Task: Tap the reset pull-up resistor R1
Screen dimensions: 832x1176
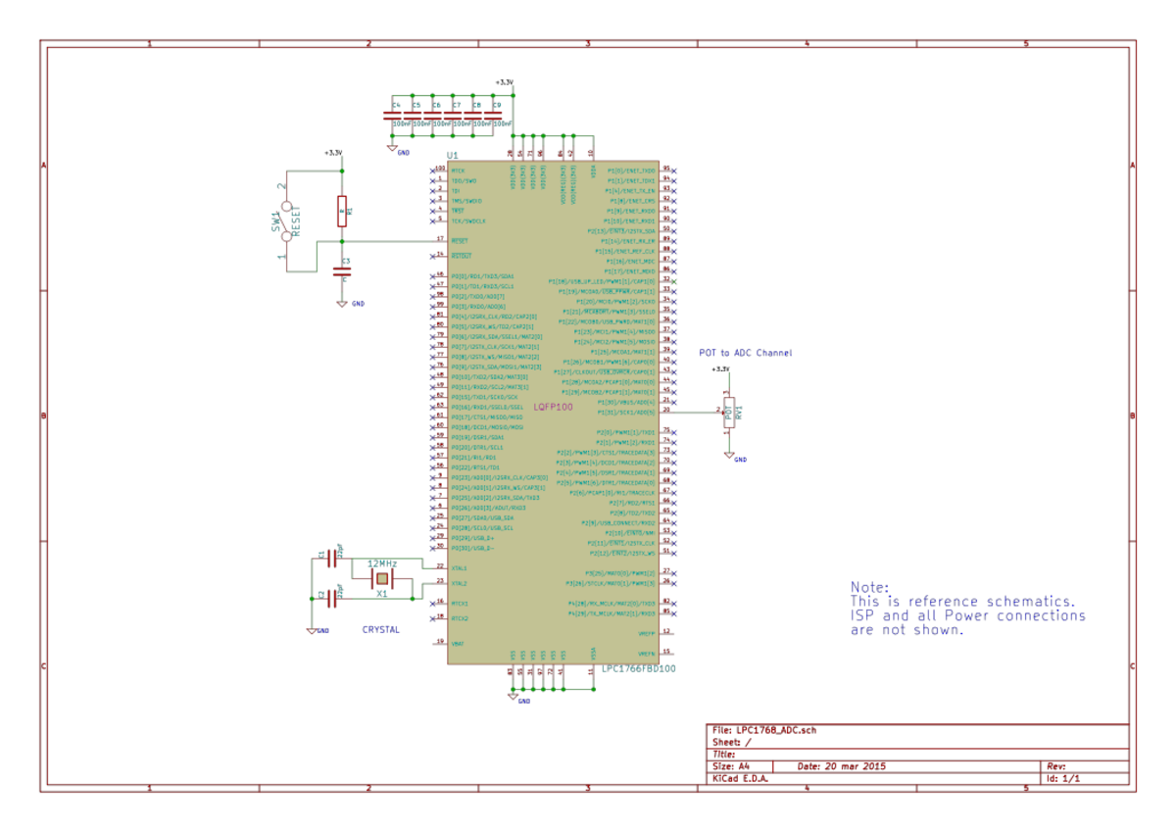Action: pos(341,210)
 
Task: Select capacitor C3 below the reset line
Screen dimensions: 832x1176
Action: pos(341,270)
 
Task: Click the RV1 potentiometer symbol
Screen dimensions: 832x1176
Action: pos(728,413)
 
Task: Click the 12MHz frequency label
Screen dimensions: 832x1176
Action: pos(381,564)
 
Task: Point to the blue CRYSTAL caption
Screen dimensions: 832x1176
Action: pos(381,630)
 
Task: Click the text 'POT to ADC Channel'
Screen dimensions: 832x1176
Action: pos(745,353)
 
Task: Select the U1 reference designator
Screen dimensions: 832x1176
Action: pos(452,156)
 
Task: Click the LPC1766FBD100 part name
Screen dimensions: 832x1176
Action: pos(638,668)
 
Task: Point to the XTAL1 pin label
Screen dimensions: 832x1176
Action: pos(459,567)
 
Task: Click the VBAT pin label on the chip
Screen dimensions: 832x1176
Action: pos(458,643)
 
